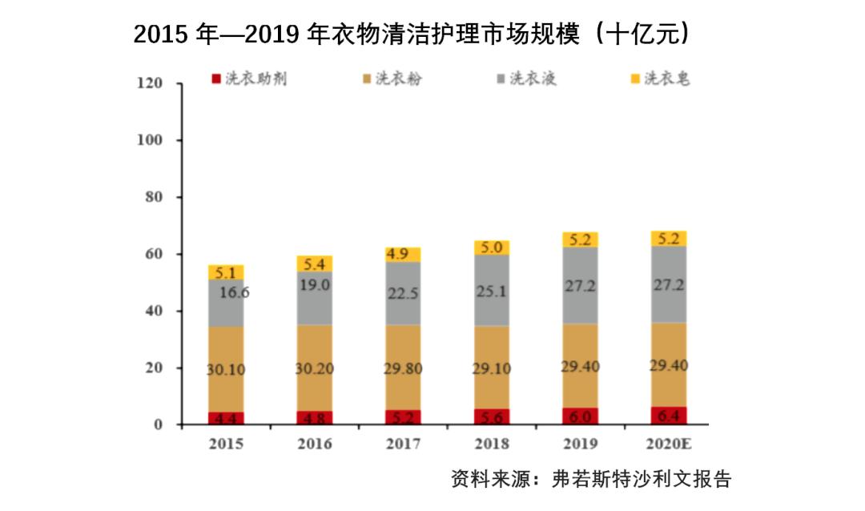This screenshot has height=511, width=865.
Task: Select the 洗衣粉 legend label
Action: [399, 78]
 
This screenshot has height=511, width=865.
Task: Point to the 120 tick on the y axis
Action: [150, 83]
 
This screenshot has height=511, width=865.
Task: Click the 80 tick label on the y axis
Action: [153, 197]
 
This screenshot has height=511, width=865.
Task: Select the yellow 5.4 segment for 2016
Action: [314, 264]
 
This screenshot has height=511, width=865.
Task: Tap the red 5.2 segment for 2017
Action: [403, 417]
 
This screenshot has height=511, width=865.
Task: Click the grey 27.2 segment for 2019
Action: [580, 285]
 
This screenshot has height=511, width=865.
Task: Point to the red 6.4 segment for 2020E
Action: [668, 416]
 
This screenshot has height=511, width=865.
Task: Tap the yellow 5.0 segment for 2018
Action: [491, 247]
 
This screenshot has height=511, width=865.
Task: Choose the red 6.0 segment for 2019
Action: [580, 416]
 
